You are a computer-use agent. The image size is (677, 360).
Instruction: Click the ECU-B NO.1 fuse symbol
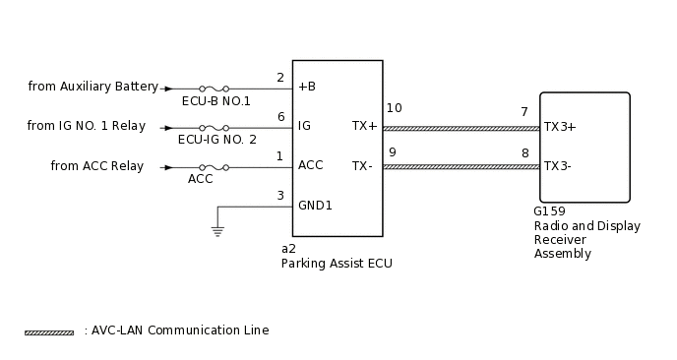215,88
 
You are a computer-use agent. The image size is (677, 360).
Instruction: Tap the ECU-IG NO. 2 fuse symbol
215,128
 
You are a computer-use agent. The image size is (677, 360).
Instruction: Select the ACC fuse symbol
215,167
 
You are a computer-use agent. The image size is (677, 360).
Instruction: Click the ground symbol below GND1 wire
217,232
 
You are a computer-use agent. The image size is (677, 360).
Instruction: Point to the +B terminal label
307,87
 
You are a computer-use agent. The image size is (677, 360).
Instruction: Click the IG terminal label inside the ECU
304,126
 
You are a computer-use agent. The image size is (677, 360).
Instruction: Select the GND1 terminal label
315,205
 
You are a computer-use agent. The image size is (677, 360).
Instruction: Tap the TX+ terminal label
364,126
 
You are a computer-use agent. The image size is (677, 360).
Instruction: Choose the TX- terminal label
362,165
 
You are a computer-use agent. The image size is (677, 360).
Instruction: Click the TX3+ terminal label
560,127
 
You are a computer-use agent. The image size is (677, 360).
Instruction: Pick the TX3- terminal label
558,166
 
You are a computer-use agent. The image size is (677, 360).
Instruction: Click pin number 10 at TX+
394,108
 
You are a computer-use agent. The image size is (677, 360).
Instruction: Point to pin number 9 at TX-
393,151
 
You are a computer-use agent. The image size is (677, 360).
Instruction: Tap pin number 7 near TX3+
524,112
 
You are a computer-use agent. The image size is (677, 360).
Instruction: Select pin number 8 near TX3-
524,152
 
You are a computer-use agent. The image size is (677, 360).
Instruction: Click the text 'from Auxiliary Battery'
93,87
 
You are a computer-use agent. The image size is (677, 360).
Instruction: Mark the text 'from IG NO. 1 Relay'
86,126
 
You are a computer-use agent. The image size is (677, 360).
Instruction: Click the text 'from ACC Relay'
96,166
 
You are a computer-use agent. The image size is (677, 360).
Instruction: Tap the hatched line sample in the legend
49,332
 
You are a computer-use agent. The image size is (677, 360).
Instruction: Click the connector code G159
549,211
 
